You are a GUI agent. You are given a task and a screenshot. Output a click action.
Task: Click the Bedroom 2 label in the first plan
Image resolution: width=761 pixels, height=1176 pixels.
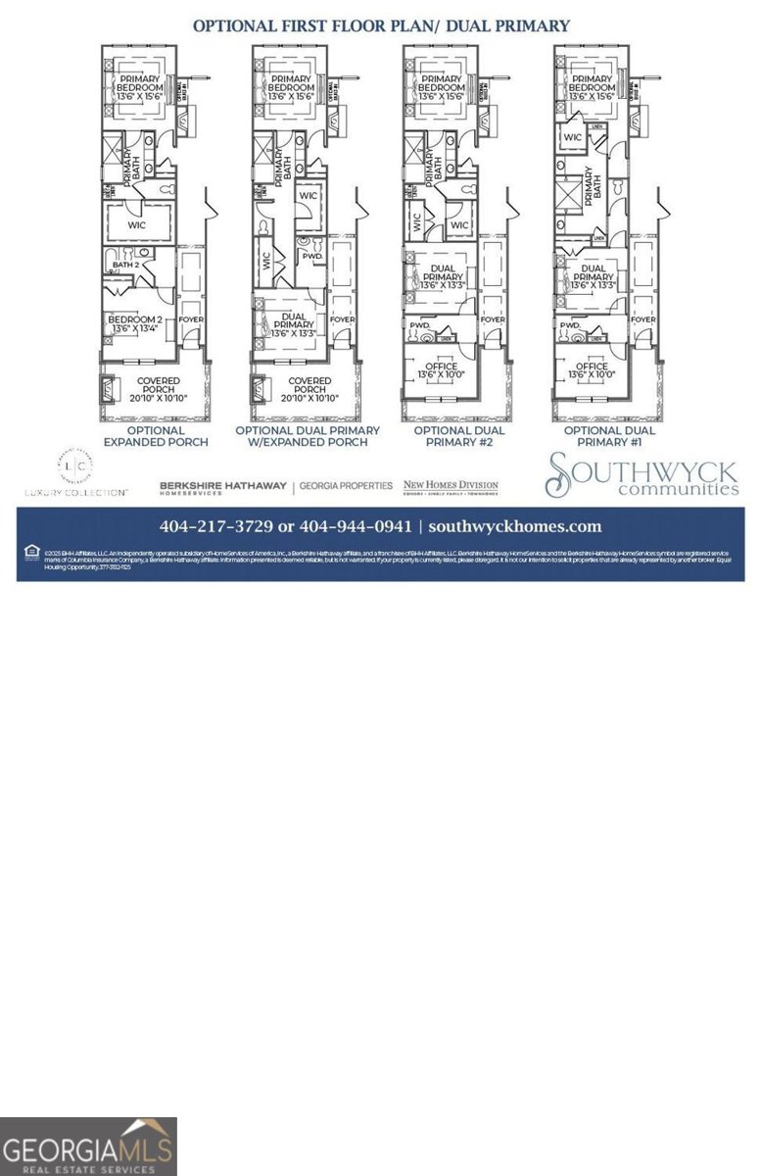click(133, 325)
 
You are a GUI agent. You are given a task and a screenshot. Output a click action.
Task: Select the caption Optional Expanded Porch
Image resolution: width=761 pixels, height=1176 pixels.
click(156, 436)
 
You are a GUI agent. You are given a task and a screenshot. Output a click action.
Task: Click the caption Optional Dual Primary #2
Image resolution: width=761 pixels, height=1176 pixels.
click(459, 436)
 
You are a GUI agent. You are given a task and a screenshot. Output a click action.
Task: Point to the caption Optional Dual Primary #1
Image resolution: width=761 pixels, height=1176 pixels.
click(609, 436)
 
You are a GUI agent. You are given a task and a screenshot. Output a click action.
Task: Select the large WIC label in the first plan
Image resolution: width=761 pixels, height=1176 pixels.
click(138, 223)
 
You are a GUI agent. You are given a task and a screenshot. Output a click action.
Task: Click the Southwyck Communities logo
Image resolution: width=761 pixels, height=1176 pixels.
click(642, 475)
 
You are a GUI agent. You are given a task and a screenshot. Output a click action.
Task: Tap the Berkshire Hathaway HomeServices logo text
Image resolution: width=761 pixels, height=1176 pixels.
click(223, 486)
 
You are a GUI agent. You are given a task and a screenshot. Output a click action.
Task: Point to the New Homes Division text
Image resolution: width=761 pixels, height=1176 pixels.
click(451, 485)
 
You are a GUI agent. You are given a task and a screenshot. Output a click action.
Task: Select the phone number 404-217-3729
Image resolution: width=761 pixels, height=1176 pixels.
click(216, 526)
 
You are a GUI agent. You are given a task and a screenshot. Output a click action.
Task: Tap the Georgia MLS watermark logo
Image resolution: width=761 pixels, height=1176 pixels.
click(88, 1147)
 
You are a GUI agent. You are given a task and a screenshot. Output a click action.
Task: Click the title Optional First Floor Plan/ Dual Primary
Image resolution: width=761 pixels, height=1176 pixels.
click(380, 24)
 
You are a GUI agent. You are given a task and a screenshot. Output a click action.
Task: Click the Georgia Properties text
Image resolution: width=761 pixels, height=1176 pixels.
click(346, 486)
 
